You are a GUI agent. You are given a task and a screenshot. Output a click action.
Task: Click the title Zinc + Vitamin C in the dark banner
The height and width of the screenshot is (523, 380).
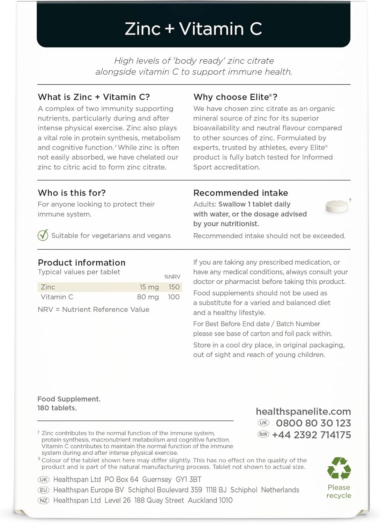(x=193, y=29)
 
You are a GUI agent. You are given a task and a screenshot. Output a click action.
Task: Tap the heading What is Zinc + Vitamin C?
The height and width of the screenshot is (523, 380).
(x=94, y=97)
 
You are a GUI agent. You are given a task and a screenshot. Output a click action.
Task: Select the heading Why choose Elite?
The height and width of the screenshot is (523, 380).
(x=235, y=97)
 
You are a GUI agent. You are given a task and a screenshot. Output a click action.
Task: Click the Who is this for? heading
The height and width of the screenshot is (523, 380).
(x=72, y=193)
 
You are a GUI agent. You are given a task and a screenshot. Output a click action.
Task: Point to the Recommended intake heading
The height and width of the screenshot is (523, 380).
(x=240, y=193)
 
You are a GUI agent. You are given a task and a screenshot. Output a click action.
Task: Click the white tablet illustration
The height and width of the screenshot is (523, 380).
(x=337, y=206)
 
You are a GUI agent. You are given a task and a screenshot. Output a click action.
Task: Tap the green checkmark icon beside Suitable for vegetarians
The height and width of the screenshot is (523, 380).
(x=43, y=236)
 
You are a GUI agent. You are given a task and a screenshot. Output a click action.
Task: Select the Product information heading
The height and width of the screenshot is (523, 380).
(x=81, y=263)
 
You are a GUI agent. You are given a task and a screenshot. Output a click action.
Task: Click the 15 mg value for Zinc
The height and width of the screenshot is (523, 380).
(x=149, y=287)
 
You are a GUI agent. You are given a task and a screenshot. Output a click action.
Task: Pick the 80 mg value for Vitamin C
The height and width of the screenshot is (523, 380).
(x=148, y=297)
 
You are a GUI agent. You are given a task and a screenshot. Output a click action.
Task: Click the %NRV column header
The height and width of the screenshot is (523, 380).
(x=172, y=277)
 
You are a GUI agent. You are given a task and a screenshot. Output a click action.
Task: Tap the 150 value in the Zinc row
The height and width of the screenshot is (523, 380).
(x=174, y=287)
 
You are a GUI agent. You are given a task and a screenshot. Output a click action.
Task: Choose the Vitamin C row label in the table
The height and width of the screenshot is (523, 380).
(x=57, y=297)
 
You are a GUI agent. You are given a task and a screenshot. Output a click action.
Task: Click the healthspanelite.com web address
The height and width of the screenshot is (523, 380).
(x=303, y=411)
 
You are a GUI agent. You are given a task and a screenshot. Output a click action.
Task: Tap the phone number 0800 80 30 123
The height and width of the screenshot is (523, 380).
(x=313, y=423)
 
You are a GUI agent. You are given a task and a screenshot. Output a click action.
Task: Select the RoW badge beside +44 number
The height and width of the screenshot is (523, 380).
(x=263, y=434)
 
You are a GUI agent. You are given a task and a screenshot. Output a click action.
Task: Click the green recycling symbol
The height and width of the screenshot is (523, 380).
(x=339, y=469)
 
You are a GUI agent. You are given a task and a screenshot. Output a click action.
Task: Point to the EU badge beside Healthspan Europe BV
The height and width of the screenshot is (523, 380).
(x=44, y=490)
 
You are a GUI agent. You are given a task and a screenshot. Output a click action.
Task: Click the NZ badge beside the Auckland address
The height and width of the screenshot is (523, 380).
(x=44, y=500)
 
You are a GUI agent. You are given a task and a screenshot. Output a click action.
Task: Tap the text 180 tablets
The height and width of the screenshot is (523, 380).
(x=57, y=408)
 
